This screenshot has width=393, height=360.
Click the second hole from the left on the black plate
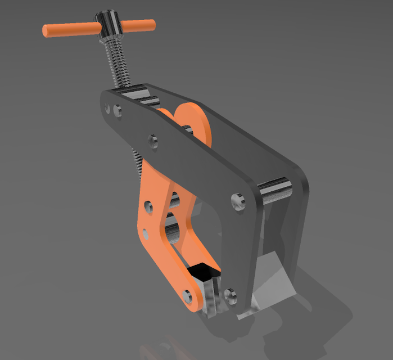[117, 110]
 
